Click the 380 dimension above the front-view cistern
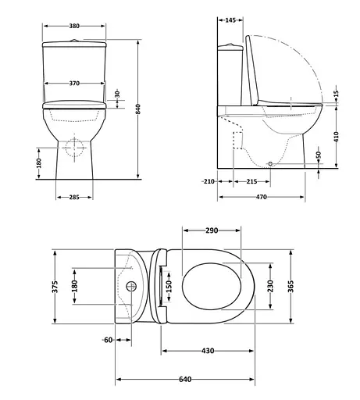(x=74, y=25)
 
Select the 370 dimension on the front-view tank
(x=74, y=83)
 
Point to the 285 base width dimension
(x=74, y=197)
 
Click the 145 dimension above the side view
(x=230, y=20)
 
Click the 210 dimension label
(x=208, y=182)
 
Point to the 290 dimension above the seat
(x=212, y=230)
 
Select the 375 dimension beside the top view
(x=55, y=287)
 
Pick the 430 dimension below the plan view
(x=208, y=352)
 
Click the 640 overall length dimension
(x=186, y=380)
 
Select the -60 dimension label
(x=107, y=340)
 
